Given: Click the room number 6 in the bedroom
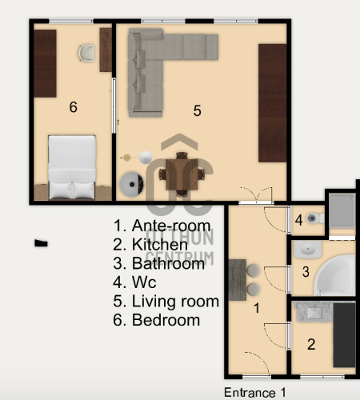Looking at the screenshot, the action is click(74, 107).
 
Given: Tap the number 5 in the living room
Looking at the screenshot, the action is click(197, 110).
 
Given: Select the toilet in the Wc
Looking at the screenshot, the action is click(315, 218).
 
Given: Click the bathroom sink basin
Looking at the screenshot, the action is click(308, 250).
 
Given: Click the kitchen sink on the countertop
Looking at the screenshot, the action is click(314, 312).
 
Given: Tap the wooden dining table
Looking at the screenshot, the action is click(182, 174).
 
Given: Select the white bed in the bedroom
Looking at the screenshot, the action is click(72, 167).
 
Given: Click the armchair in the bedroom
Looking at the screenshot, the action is click(86, 53).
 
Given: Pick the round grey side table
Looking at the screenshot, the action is click(131, 184).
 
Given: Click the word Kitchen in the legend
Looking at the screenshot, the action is click(160, 245).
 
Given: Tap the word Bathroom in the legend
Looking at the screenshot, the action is click(168, 263).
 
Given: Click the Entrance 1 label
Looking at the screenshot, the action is click(255, 393).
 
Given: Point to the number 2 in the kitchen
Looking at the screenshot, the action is click(311, 344).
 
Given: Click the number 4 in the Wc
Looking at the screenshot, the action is click(299, 220).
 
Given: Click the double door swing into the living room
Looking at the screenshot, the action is click(256, 194).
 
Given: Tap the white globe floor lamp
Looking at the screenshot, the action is click(146, 158).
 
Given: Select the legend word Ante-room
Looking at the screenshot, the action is click(171, 226).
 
